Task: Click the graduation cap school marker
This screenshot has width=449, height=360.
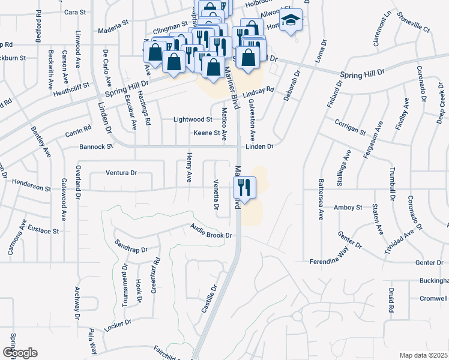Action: point(291,21)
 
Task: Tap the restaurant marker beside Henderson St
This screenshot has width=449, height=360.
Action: point(246,186)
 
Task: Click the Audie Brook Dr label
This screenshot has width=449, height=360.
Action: point(211,231)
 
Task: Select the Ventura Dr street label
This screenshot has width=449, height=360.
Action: point(121,173)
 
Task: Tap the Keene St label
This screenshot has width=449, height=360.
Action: point(206,133)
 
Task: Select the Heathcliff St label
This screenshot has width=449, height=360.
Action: point(71,89)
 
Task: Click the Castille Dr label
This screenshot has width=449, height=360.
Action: point(209,297)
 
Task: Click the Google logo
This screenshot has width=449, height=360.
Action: point(20,353)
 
